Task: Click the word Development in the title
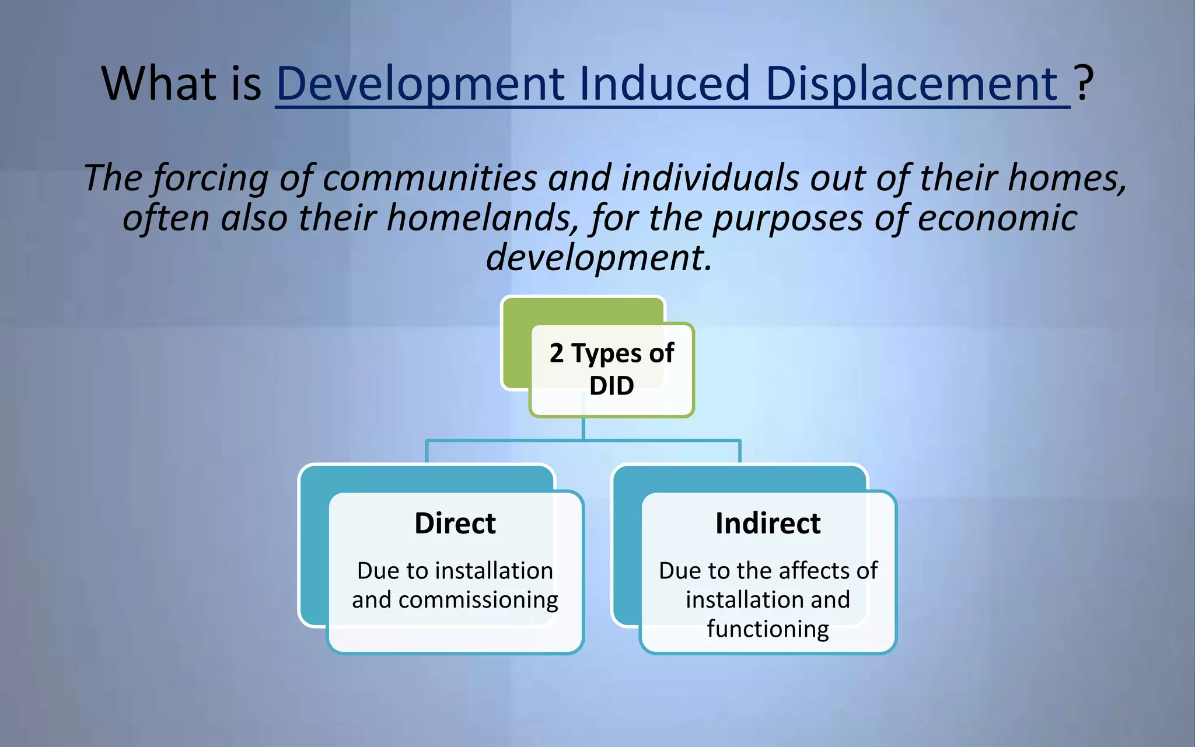(420, 83)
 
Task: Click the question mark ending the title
(1084, 83)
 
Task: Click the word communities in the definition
(429, 177)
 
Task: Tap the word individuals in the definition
(709, 177)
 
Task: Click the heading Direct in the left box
(455, 523)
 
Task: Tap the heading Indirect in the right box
(768, 523)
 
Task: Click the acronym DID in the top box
(612, 386)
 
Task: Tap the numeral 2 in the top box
(557, 353)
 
